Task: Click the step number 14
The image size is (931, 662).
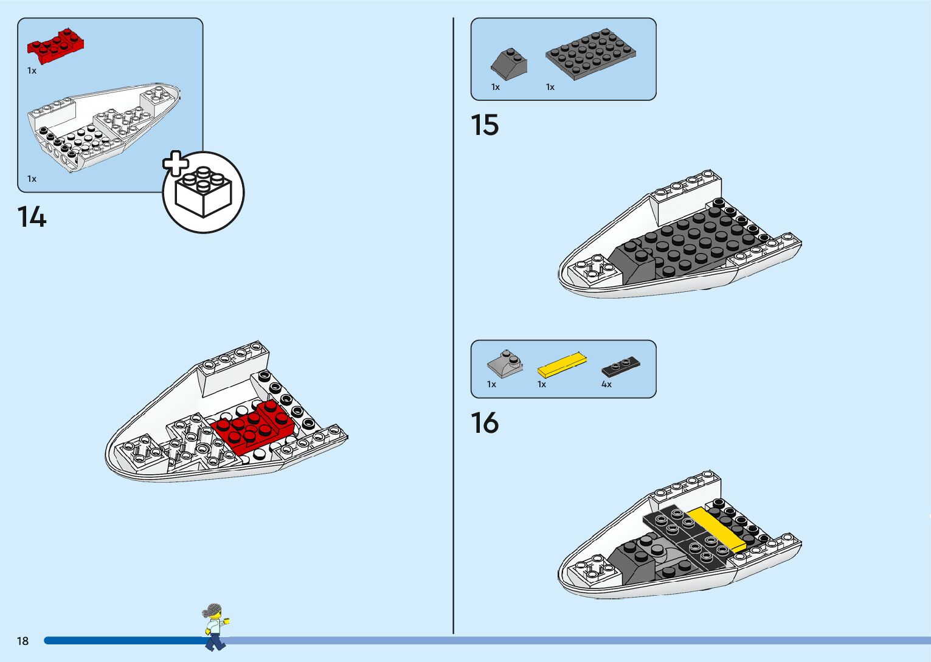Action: coord(32,217)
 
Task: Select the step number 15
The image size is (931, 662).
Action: coord(485,125)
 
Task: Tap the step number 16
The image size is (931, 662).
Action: coord(485,423)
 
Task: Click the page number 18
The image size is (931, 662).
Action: coord(23,641)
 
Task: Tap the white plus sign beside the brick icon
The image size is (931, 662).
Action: coord(175,164)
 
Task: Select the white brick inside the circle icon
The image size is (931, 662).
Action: coord(204,193)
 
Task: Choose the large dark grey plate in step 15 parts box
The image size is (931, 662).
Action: coord(590,53)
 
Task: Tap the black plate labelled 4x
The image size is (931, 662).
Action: coord(621,367)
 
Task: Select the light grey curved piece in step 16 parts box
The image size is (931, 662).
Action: coord(505,362)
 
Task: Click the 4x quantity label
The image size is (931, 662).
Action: coord(606,384)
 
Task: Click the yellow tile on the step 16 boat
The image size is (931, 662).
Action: coord(716,529)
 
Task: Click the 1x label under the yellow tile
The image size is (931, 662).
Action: coord(542,384)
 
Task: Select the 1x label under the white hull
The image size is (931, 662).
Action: coord(32,179)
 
